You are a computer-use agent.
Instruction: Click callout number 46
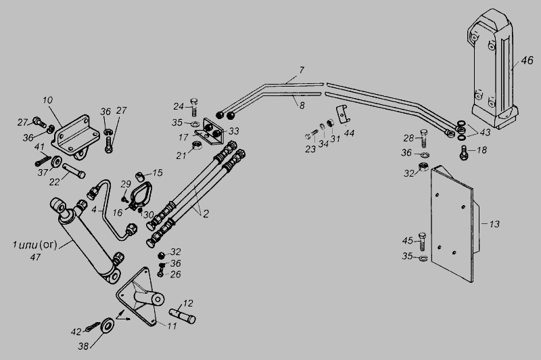[x=527, y=61]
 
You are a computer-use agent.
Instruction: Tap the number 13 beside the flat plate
[x=494, y=224]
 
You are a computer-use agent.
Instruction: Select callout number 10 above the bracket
[x=47, y=100]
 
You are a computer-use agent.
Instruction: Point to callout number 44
[x=349, y=133]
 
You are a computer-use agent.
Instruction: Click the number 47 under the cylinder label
[x=36, y=257]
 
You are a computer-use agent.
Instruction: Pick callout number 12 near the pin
[x=188, y=303]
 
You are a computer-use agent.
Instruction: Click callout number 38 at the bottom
[x=83, y=346]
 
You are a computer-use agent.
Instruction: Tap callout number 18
[x=481, y=150]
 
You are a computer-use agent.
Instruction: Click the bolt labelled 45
[x=423, y=242]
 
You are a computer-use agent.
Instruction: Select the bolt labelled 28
[x=424, y=138]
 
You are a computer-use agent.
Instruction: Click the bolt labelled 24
[x=194, y=107]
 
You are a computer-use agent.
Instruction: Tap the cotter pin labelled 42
[x=93, y=328]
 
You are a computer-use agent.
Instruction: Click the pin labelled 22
[x=74, y=170]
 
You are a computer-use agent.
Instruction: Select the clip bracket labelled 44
[x=343, y=114]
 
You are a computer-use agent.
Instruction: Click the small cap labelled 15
[x=139, y=177]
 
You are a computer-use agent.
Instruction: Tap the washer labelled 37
[x=56, y=161]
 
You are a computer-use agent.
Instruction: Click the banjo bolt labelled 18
[x=463, y=153]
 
